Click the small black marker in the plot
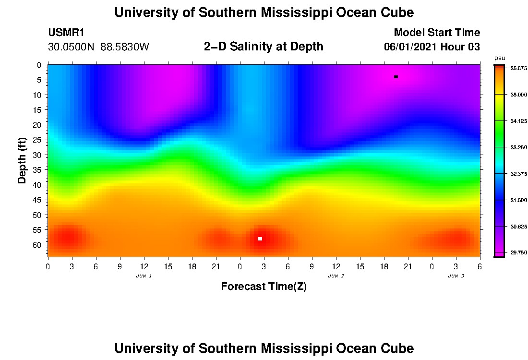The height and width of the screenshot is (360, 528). [396, 77]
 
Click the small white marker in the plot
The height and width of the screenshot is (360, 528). [260, 239]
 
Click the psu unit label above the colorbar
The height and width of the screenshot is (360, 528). [500, 58]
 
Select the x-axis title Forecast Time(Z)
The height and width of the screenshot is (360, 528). [264, 287]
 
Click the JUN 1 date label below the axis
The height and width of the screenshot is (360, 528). [144, 276]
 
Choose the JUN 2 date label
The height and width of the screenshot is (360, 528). [336, 276]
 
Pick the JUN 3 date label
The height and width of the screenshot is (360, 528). [456, 276]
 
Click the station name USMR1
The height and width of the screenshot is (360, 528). [66, 33]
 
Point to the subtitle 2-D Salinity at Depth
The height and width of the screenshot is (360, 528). [264, 47]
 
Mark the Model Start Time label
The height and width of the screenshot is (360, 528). [437, 33]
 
